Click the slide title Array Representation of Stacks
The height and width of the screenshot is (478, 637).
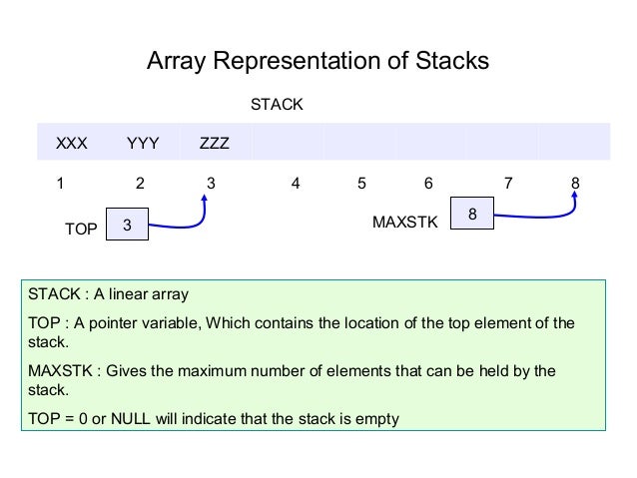point(318,62)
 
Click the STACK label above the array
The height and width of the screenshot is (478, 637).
point(277,104)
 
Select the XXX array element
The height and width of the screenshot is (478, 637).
point(71,143)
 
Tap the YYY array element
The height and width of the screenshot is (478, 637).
point(143,143)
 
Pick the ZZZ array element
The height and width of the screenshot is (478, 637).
point(215,143)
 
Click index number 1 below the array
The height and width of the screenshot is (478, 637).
point(60,184)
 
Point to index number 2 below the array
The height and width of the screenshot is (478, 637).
point(140,184)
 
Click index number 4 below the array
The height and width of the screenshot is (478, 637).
point(296,184)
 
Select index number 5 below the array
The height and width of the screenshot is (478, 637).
point(361,184)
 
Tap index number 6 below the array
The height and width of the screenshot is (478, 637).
point(428,184)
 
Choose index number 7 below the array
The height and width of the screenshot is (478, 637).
point(508,184)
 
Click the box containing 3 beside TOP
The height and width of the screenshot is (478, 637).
point(127,227)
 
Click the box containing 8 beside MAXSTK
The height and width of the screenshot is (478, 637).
point(472,215)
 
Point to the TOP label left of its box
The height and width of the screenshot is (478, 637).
point(81,230)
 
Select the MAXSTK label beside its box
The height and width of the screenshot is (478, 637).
point(404,223)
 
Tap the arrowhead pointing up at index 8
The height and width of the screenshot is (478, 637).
point(576,197)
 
